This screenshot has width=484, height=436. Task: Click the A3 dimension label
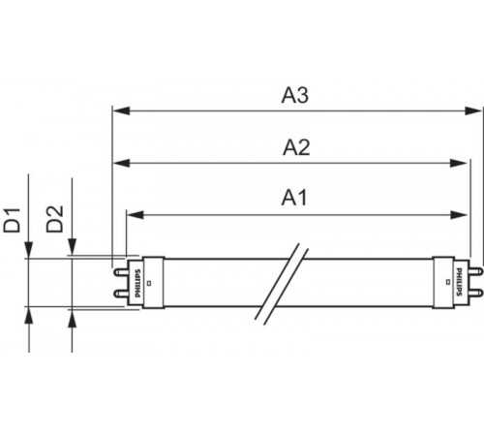294,96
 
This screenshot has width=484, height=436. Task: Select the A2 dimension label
294,147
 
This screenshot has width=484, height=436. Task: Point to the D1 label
13,219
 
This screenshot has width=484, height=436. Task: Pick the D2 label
57,219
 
